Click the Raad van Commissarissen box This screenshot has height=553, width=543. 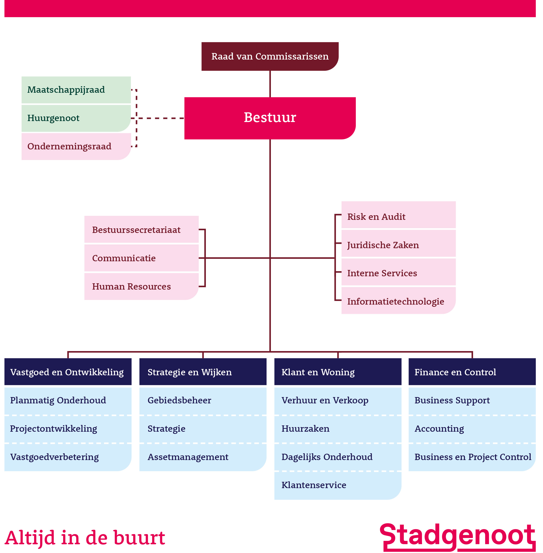click(270, 56)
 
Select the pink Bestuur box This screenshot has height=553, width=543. click(270, 118)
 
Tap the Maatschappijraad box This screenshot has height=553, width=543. click(76, 90)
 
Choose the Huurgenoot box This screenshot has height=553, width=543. click(76, 118)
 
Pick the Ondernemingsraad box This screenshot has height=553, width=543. click(76, 146)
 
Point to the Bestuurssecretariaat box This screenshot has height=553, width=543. click(141, 230)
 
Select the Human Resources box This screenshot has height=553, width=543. click(141, 286)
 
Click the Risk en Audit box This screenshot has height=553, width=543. click(398, 216)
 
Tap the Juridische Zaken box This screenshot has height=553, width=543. click(398, 245)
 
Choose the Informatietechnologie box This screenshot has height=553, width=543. click(398, 301)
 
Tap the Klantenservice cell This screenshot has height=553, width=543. click(337, 485)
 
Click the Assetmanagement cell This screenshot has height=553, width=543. click(202, 457)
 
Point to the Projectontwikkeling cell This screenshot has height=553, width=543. click(68, 429)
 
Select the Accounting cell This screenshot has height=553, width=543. click(472, 429)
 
